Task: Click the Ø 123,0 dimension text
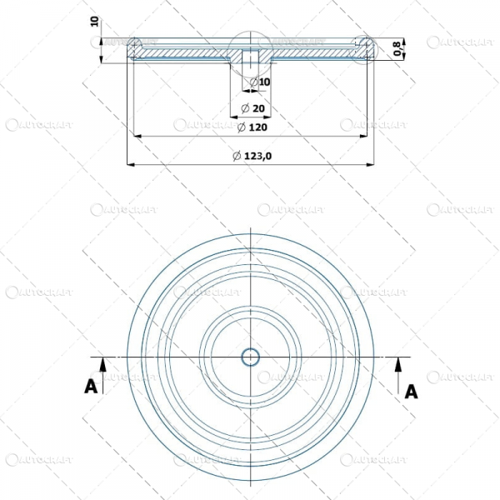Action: [x=252, y=157]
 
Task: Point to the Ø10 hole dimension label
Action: [x=260, y=82]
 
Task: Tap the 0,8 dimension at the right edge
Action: [x=398, y=49]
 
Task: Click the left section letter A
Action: [x=90, y=385]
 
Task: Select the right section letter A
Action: [x=410, y=390]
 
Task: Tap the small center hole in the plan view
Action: [x=251, y=357]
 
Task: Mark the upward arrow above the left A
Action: [x=102, y=363]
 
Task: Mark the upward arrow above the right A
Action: [x=398, y=363]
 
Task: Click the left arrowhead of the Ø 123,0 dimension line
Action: [x=130, y=165]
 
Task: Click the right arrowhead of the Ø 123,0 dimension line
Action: [x=372, y=165]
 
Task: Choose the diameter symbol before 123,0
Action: [x=237, y=157]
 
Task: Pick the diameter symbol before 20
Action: [x=243, y=109]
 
